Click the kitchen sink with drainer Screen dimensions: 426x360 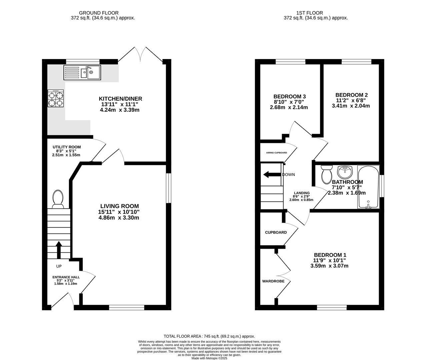[x=82, y=73]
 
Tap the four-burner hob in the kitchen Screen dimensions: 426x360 [x=56, y=98]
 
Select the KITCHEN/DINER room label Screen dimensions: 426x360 [x=120, y=99]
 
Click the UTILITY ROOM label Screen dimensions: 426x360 [x=67, y=147]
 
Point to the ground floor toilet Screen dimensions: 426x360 [x=58, y=199]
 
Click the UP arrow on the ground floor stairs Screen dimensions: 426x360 [x=59, y=250]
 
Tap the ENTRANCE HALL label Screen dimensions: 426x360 [x=66, y=277]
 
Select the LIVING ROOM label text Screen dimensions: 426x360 [x=120, y=206]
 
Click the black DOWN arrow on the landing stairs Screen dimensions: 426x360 [x=272, y=175]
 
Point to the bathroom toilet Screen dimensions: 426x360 [x=327, y=174]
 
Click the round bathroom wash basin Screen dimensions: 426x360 [x=345, y=172]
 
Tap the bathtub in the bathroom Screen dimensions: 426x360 [x=368, y=187]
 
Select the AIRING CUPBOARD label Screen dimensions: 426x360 [x=276, y=153]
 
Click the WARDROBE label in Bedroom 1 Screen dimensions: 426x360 [x=273, y=281]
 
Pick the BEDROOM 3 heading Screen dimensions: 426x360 [x=290, y=96]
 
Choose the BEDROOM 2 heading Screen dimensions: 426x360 [x=352, y=95]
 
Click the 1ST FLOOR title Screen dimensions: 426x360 [x=310, y=13]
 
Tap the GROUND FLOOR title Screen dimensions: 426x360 [x=99, y=13]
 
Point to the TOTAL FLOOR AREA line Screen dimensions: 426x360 [x=209, y=336]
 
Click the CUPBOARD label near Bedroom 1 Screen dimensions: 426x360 [x=276, y=232]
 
